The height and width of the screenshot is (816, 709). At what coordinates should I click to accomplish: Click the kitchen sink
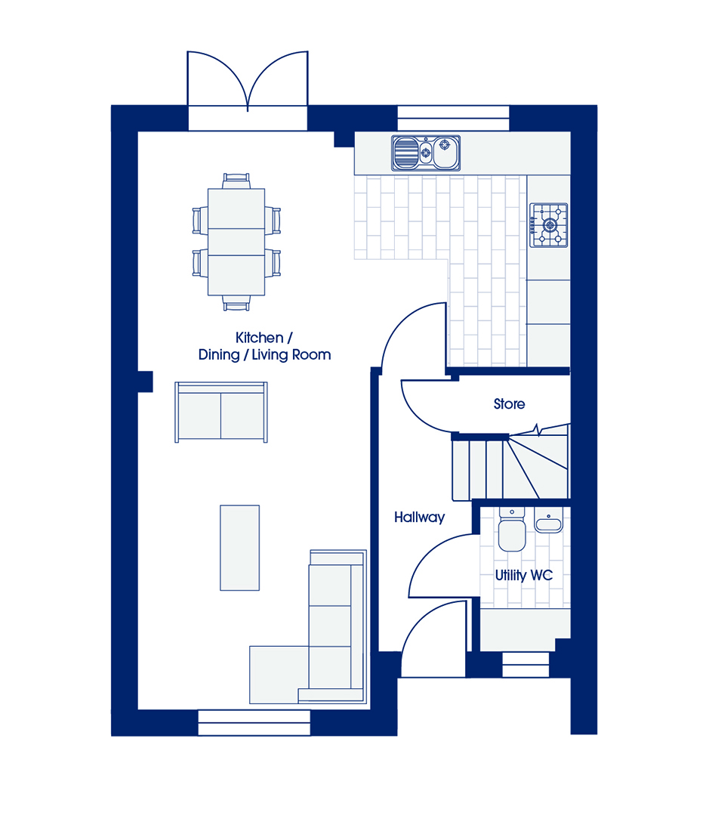[426, 153]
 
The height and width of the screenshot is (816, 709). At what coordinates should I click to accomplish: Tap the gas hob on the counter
[548, 225]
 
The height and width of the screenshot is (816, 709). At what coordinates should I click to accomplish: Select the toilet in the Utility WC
[512, 530]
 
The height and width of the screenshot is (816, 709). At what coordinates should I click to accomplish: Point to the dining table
[236, 242]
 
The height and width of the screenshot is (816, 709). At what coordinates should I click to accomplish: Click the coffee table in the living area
[239, 548]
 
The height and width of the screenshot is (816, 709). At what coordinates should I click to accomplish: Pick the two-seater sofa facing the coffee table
[221, 413]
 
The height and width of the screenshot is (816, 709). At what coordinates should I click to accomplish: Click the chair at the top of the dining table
[236, 181]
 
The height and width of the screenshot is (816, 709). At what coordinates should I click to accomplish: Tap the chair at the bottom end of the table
[236, 303]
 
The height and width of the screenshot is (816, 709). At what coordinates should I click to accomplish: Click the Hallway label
[419, 518]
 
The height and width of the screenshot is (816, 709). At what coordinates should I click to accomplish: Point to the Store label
[509, 403]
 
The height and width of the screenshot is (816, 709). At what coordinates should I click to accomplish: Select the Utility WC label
[524, 576]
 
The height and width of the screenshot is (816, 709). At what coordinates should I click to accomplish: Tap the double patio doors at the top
[248, 81]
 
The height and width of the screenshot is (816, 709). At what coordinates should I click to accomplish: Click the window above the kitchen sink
[453, 118]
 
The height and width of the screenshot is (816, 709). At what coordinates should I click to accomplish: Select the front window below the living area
[254, 722]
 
